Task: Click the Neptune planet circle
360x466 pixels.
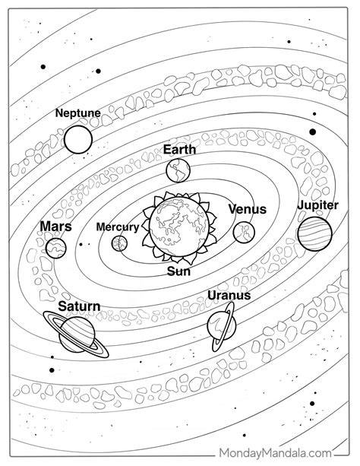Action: tap(78, 139)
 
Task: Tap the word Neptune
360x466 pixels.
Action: tap(78, 113)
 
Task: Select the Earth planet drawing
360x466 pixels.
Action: tap(178, 170)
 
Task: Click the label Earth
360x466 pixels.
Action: tap(179, 149)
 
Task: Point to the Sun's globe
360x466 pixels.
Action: tap(178, 226)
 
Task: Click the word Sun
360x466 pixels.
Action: tap(178, 271)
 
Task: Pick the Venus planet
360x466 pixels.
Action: tap(244, 232)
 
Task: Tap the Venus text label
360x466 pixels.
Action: tap(247, 209)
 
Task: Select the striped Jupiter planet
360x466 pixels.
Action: tap(314, 233)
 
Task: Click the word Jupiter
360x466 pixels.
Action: tap(317, 206)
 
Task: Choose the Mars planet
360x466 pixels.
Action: tap(56, 248)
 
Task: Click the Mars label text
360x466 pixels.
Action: tap(56, 227)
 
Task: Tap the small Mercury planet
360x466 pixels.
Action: tap(119, 243)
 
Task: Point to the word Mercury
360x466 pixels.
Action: tap(118, 227)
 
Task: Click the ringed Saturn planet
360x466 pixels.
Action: tap(77, 334)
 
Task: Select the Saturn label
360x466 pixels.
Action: tap(79, 306)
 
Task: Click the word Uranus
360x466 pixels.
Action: tap(229, 295)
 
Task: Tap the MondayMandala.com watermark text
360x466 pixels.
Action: tap(276, 454)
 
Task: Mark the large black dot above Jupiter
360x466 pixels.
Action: tap(312, 132)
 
